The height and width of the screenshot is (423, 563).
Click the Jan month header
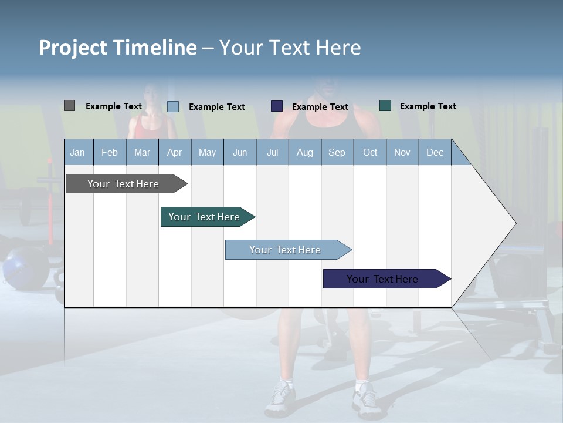[78, 153]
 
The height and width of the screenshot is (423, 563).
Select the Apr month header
[175, 153]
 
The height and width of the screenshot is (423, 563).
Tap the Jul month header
[272, 153]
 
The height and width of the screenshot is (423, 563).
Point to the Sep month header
[337, 153]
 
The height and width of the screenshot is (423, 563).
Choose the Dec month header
[435, 153]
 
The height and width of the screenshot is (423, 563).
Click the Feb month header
[110, 153]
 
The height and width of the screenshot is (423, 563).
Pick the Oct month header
[370, 153]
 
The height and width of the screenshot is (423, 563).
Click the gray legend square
[69, 106]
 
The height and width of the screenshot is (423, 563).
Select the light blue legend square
[173, 106]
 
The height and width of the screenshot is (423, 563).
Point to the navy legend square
[277, 106]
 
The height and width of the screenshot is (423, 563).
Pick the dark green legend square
[385, 106]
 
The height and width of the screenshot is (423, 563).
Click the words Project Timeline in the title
[117, 48]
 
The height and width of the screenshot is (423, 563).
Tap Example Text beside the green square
[428, 106]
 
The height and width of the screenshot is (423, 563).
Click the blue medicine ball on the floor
[23, 266]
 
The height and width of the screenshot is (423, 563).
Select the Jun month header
[240, 153]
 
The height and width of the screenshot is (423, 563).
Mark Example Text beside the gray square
[114, 106]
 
